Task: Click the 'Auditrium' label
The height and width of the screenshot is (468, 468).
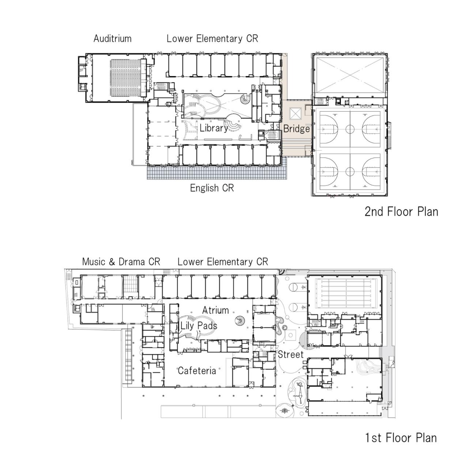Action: pyautogui.click(x=112, y=38)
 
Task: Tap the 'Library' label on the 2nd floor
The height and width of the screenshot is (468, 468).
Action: pyautogui.click(x=214, y=128)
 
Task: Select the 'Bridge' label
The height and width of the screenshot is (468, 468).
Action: pyautogui.click(x=297, y=129)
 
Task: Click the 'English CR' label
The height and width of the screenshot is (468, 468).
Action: pyautogui.click(x=212, y=188)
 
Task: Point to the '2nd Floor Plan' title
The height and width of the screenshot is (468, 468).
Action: pyautogui.click(x=401, y=211)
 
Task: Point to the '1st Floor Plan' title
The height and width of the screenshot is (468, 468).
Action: pyautogui.click(x=401, y=438)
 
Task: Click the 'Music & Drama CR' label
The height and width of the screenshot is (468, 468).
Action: pyautogui.click(x=121, y=262)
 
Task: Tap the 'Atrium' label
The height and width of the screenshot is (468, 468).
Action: pyautogui.click(x=215, y=310)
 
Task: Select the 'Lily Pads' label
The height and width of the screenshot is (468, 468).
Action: pyautogui.click(x=199, y=325)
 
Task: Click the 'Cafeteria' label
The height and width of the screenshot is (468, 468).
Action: pyautogui.click(x=197, y=371)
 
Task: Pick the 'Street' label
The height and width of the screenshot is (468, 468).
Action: pyautogui.click(x=291, y=354)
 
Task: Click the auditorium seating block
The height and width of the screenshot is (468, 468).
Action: pyautogui.click(x=125, y=78)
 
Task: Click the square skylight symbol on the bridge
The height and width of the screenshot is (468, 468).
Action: pyautogui.click(x=295, y=114)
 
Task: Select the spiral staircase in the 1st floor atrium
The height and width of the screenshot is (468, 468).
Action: pyautogui.click(x=240, y=321)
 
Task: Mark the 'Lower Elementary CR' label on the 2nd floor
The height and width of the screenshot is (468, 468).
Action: pyautogui.click(x=212, y=38)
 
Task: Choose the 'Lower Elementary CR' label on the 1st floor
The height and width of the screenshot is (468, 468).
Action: pyautogui.click(x=223, y=262)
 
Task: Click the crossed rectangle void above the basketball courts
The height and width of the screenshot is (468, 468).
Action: pyautogui.click(x=350, y=74)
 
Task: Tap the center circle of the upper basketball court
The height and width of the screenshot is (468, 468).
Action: pyautogui.click(x=350, y=129)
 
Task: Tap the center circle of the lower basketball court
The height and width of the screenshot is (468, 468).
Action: pyautogui.click(x=350, y=171)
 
